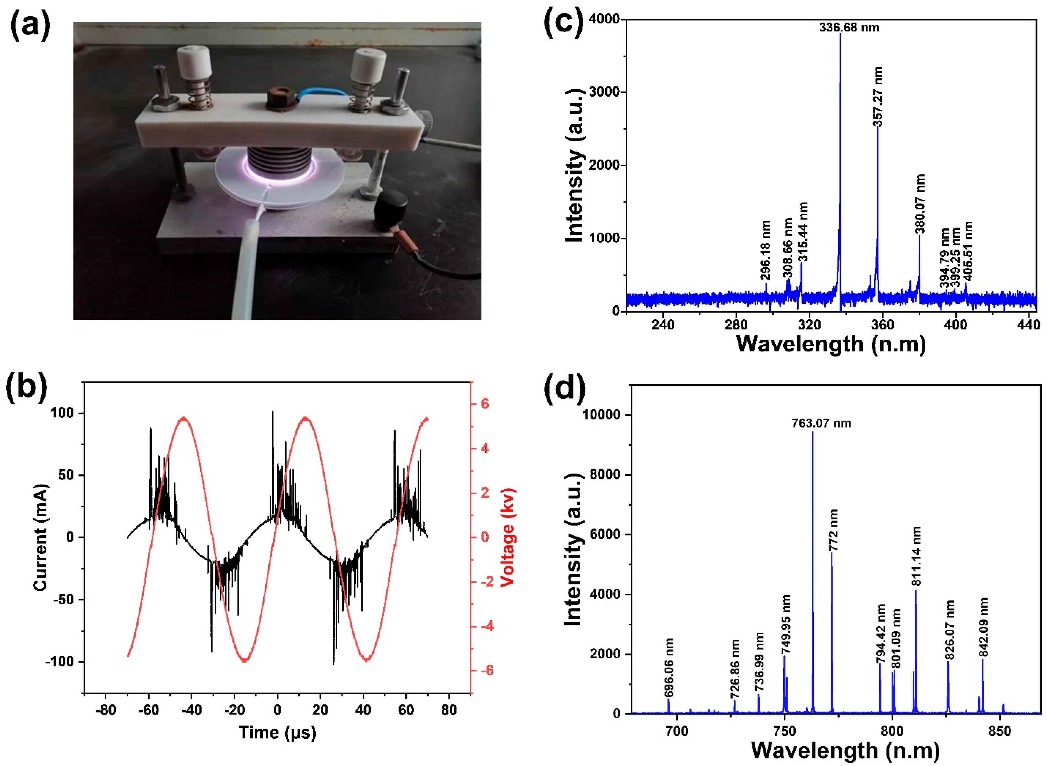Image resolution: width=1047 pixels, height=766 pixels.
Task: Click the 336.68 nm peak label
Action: coord(849,27)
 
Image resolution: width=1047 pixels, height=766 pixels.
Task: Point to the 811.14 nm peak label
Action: coord(916,556)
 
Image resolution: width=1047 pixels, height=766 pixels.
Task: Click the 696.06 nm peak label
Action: coord(669,668)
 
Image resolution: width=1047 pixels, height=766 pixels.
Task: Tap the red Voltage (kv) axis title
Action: coord(508,537)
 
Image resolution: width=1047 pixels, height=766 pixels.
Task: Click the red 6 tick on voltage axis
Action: coord(484,404)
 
